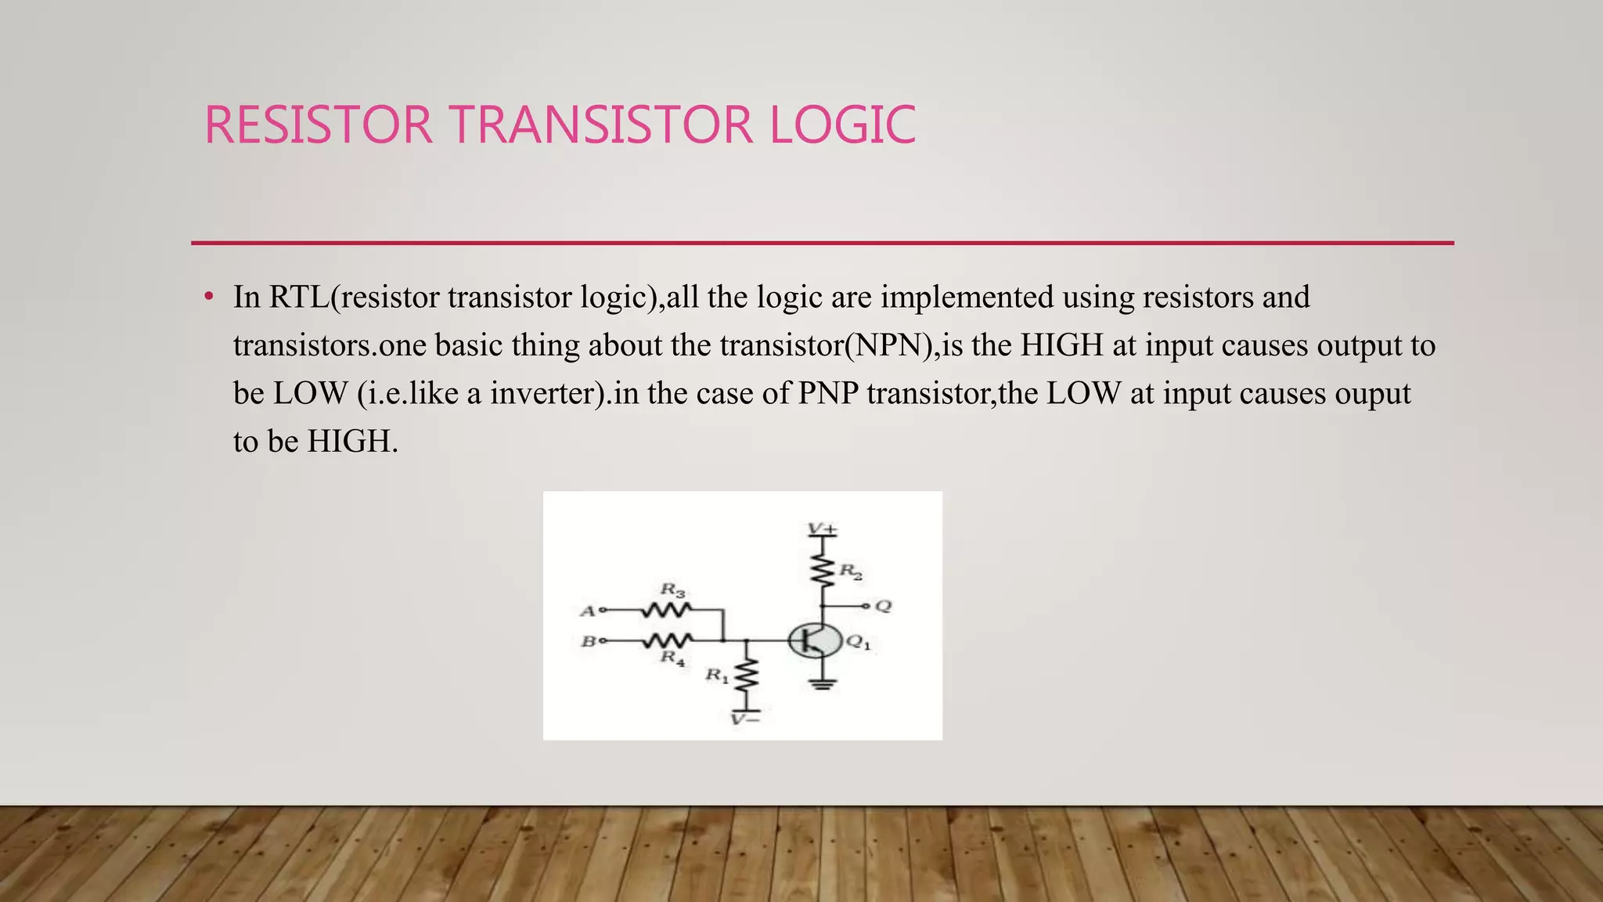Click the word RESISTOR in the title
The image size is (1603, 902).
point(318,125)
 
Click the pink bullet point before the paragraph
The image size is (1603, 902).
point(208,298)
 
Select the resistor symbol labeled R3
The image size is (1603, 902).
point(667,609)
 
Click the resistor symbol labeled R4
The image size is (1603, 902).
point(667,641)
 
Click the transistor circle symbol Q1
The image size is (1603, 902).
point(814,641)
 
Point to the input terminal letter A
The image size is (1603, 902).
point(587,611)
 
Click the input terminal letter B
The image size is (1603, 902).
point(587,642)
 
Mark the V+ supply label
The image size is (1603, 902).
point(822,530)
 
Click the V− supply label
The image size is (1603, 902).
point(744,719)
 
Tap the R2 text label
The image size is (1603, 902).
point(851,572)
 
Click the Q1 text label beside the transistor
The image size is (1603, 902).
point(858,643)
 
